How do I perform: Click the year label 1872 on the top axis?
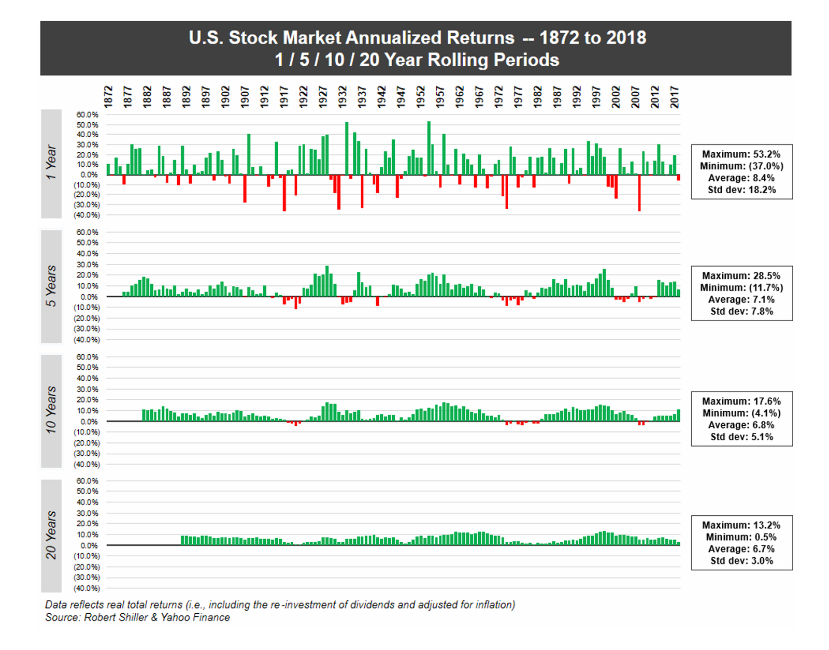(x=108, y=97)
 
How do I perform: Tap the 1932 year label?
(x=342, y=97)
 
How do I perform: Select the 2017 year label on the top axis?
(x=675, y=97)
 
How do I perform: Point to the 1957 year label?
(x=440, y=97)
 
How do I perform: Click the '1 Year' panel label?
(x=51, y=163)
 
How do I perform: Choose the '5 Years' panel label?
(x=51, y=286)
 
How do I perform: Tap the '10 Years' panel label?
(x=51, y=410)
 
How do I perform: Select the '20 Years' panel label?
(x=51, y=535)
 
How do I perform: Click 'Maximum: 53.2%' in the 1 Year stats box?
(x=741, y=154)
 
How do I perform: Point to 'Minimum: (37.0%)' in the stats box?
(x=741, y=166)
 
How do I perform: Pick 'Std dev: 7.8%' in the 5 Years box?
(x=741, y=311)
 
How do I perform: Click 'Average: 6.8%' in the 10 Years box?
(x=741, y=425)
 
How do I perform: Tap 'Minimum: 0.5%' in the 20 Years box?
(x=741, y=537)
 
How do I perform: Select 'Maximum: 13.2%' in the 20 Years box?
(x=741, y=525)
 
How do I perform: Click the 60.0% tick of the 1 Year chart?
(x=87, y=114)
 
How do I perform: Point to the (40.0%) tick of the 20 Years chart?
(x=87, y=588)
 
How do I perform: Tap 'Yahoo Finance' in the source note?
(x=195, y=617)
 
